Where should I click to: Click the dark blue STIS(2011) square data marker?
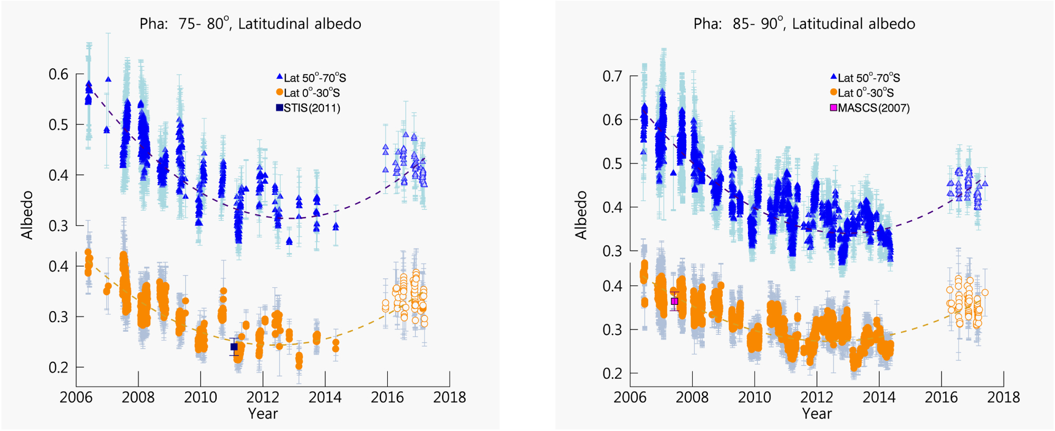(234, 347)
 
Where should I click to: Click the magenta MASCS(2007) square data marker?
(674, 302)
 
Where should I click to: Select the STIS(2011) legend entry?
(309, 108)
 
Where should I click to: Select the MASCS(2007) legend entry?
(870, 108)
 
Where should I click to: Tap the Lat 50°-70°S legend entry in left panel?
(311, 78)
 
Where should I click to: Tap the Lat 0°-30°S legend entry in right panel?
(862, 93)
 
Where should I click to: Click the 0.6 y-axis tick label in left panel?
(59, 74)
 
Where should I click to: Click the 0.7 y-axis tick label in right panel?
(612, 77)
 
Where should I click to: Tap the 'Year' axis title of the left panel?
(263, 414)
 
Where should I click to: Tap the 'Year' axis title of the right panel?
(817, 414)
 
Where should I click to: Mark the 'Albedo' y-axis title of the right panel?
(581, 215)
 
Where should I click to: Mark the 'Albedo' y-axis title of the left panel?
(27, 215)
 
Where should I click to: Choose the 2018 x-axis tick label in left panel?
(449, 397)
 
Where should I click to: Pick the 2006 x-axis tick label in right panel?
(630, 397)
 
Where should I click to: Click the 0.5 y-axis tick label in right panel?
(612, 164)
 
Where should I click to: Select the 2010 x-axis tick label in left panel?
(200, 397)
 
